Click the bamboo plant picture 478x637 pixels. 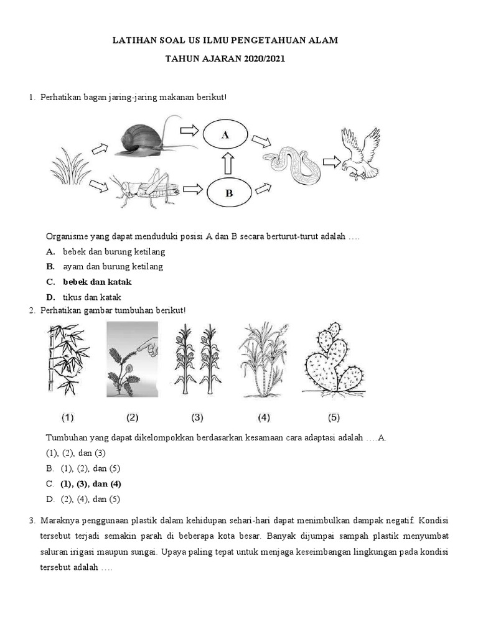pyautogui.click(x=67, y=359)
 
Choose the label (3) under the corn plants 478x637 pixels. pyautogui.click(x=197, y=417)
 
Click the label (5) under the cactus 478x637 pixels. pyautogui.click(x=333, y=417)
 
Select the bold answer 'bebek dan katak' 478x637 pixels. pyautogui.click(x=97, y=282)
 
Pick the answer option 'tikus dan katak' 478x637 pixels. pyautogui.click(x=92, y=297)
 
